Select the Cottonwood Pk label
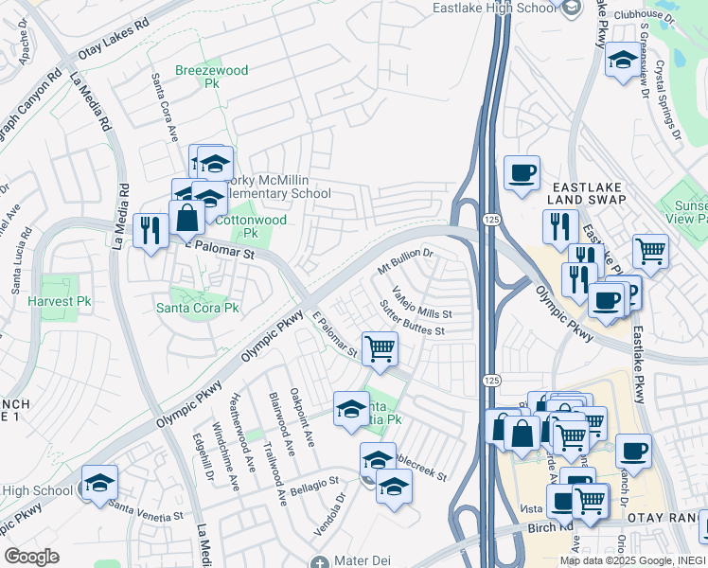click(238, 225)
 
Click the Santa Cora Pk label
click(198, 309)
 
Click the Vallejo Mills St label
click(422, 304)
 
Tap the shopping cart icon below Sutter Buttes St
click(380, 348)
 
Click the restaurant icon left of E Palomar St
click(150, 229)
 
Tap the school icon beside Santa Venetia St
click(99, 482)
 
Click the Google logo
click(32, 557)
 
